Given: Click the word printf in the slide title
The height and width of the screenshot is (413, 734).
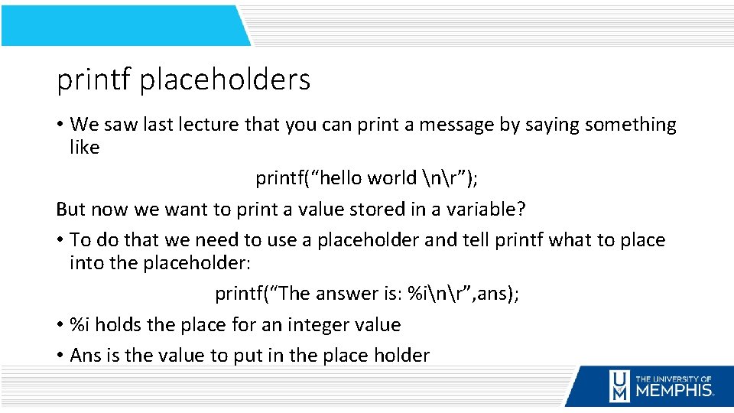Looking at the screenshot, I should [93, 80].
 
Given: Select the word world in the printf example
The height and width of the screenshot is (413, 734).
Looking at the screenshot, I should [391, 178].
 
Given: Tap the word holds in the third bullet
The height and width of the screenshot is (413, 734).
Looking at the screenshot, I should [119, 325].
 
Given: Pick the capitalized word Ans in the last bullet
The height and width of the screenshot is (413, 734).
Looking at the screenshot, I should [84, 356].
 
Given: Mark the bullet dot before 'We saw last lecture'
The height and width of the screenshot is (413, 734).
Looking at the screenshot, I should [60, 125].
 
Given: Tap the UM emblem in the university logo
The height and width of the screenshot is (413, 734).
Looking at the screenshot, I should [619, 386].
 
